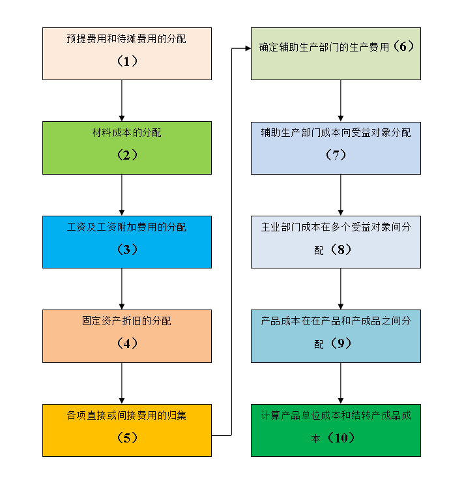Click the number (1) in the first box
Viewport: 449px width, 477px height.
(x=127, y=61)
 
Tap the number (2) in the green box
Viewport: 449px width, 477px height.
(x=127, y=156)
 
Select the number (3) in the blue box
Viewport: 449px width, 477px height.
(x=127, y=250)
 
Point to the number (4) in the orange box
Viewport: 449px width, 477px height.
(x=127, y=343)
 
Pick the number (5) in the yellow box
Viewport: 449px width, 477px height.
(x=127, y=438)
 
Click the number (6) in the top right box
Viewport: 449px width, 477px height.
(x=403, y=47)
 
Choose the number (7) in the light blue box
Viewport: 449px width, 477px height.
(x=336, y=156)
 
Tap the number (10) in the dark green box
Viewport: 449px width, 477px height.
(x=341, y=438)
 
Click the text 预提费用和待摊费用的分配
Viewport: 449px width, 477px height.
(x=126, y=39)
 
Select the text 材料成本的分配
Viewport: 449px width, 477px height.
(x=127, y=133)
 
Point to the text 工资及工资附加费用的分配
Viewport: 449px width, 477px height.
(x=126, y=227)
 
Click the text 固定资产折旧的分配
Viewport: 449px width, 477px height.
(x=127, y=321)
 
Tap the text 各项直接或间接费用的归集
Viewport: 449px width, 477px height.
(x=126, y=415)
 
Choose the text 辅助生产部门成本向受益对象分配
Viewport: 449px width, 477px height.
(x=336, y=133)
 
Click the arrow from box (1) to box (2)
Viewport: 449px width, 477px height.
(x=122, y=100)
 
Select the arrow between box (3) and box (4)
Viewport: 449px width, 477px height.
(x=122, y=289)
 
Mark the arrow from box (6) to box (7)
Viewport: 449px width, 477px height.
(x=340, y=100)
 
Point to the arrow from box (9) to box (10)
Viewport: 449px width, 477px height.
(x=340, y=383)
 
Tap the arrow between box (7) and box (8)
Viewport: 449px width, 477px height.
(x=340, y=194)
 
